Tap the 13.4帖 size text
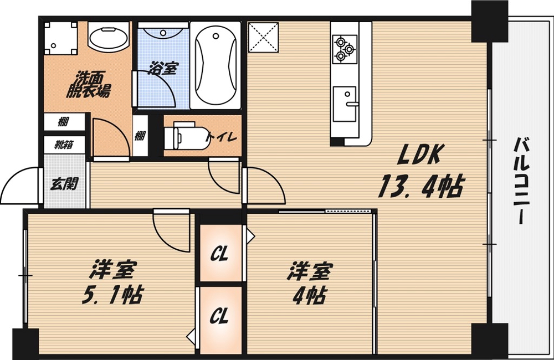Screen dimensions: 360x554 tap(420, 187)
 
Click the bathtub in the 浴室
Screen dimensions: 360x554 tap(216, 65)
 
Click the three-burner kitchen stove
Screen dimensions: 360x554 tap(343, 48)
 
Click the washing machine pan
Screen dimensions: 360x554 tap(60, 38)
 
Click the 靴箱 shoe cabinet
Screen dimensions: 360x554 tap(65, 145)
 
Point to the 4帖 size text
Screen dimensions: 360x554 tap(310, 295)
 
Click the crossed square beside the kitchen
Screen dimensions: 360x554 tap(263, 37)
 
